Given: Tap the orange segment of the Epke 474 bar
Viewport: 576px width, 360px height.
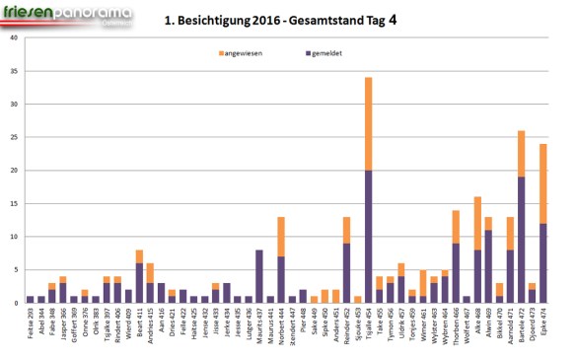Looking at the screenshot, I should [541, 183].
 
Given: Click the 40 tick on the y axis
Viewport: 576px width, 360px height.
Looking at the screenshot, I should [14, 38].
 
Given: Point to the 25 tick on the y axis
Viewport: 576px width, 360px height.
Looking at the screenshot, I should [14, 137].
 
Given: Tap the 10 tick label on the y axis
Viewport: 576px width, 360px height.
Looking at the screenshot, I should [14, 237].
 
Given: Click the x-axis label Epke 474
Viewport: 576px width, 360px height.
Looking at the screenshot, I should [541, 324].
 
